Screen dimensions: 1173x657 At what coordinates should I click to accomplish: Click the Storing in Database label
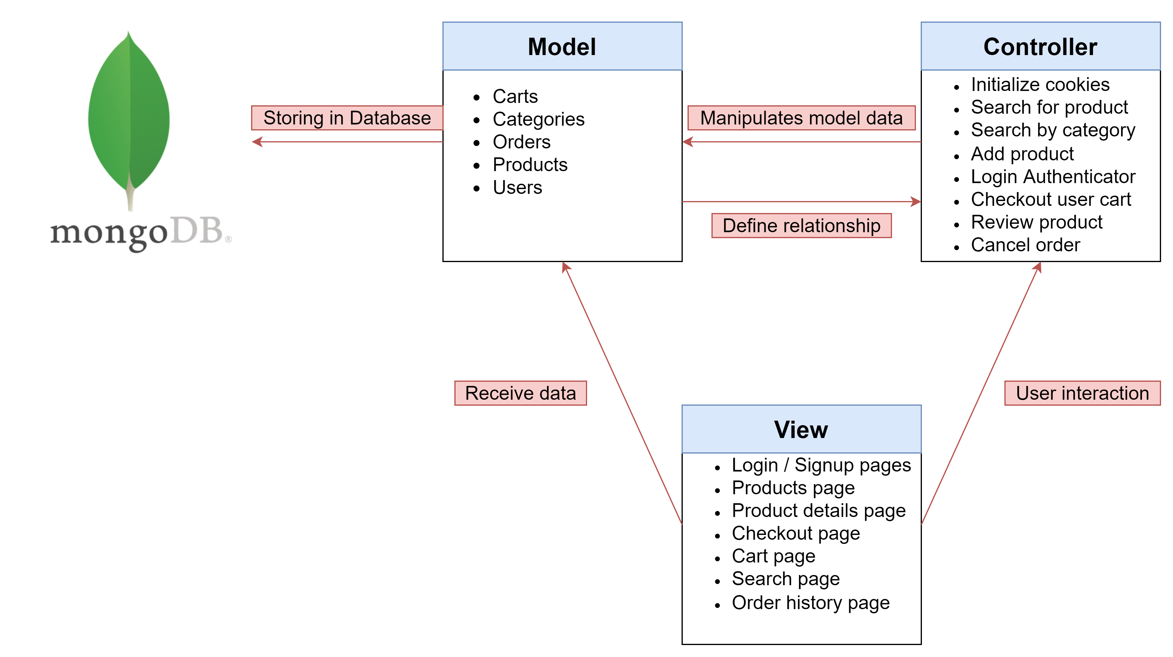pyautogui.click(x=347, y=118)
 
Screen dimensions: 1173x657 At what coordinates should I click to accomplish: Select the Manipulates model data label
pyautogui.click(x=801, y=118)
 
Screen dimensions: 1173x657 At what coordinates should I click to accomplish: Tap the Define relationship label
pyautogui.click(x=801, y=226)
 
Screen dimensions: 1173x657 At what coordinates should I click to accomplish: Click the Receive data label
pyautogui.click(x=520, y=393)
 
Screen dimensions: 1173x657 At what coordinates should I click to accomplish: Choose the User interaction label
pyautogui.click(x=1082, y=393)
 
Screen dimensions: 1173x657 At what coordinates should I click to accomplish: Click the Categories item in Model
pyautogui.click(x=538, y=119)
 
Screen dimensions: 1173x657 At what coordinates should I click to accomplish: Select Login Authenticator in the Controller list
pyautogui.click(x=1053, y=177)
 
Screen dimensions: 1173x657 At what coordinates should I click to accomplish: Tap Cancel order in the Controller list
pyautogui.click(x=1025, y=245)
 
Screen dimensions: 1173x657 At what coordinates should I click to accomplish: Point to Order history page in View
pyautogui.click(x=810, y=603)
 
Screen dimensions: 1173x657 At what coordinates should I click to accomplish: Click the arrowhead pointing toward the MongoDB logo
pyautogui.click(x=257, y=142)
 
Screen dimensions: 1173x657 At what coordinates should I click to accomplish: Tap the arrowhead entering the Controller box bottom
pyautogui.click(x=1037, y=267)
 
